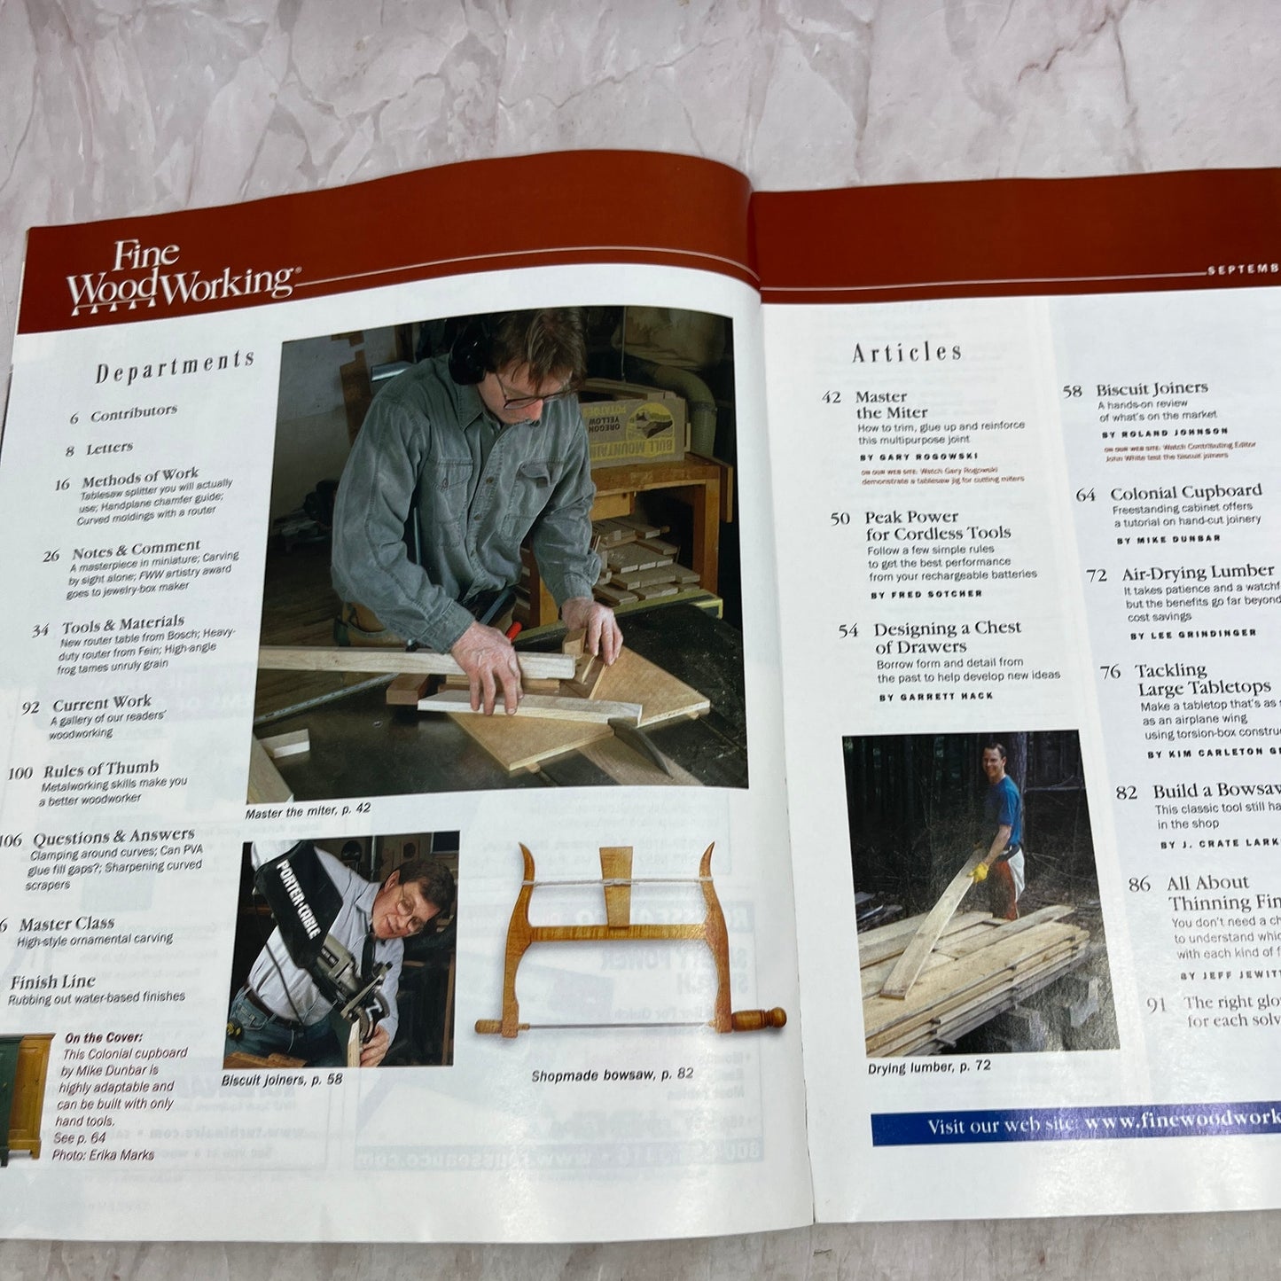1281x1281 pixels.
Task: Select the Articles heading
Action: click(x=907, y=352)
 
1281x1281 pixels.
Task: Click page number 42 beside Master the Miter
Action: click(x=831, y=397)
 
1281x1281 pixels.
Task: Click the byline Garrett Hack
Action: click(x=936, y=697)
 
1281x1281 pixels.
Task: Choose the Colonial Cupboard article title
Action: click(x=1185, y=491)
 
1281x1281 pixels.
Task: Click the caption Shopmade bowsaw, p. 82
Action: click(x=613, y=1075)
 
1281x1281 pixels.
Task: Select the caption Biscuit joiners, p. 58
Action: click(x=282, y=1079)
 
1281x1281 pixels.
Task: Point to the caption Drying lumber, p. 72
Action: click(x=929, y=1067)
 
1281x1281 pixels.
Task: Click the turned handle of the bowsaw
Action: click(x=758, y=1019)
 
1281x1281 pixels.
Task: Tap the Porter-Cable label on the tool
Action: click(x=298, y=889)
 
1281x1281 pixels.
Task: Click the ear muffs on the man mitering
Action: click(x=466, y=355)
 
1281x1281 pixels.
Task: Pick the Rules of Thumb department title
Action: click(x=101, y=769)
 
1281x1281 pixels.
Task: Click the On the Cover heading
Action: click(x=103, y=1036)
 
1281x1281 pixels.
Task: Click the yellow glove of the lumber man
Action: click(x=980, y=871)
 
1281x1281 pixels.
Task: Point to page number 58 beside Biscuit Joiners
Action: click(x=1073, y=391)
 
